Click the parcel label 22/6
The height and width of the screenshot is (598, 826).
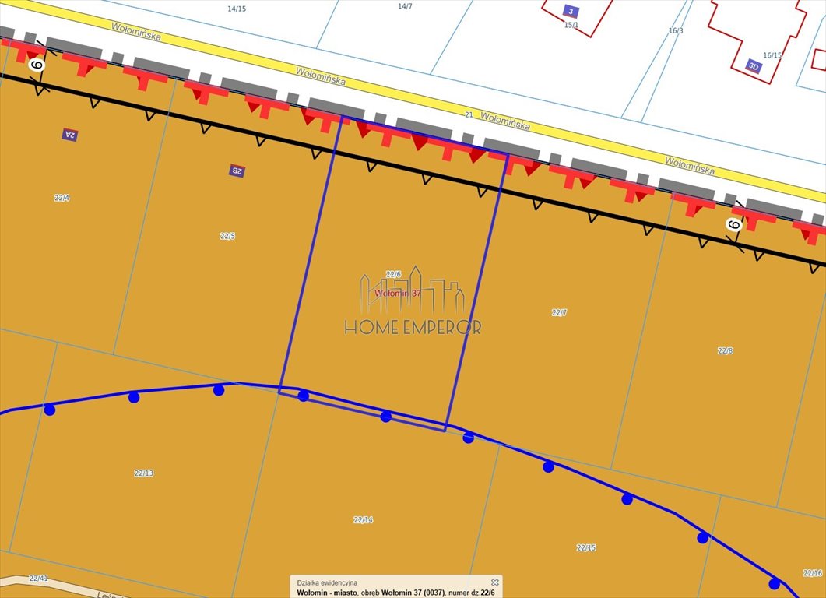coord(393,274)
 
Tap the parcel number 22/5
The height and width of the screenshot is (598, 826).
coord(227,236)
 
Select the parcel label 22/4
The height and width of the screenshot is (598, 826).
coord(62,198)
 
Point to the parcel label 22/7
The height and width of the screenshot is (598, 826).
coord(559,312)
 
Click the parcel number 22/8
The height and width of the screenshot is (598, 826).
coord(725,350)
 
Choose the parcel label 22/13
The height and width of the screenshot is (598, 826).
coord(144,473)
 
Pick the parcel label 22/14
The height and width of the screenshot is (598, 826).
coord(363,519)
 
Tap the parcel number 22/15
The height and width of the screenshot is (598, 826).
coord(586,547)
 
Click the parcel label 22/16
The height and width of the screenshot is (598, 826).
coord(812,573)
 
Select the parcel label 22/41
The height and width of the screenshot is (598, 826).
coord(38,578)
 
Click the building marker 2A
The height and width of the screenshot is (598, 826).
coord(70,134)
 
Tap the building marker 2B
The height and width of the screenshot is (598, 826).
coord(237,171)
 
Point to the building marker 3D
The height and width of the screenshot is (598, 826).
coord(753,65)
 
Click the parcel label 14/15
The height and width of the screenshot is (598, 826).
coord(237,9)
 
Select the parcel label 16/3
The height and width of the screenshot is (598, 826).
coord(676,30)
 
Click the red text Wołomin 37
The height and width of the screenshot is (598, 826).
coord(397,294)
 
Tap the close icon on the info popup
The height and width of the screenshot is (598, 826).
coord(494,582)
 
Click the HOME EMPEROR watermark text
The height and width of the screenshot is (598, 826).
coord(413,327)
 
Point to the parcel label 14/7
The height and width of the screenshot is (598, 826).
coord(405,6)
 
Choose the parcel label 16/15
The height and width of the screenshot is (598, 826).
coord(772,55)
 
